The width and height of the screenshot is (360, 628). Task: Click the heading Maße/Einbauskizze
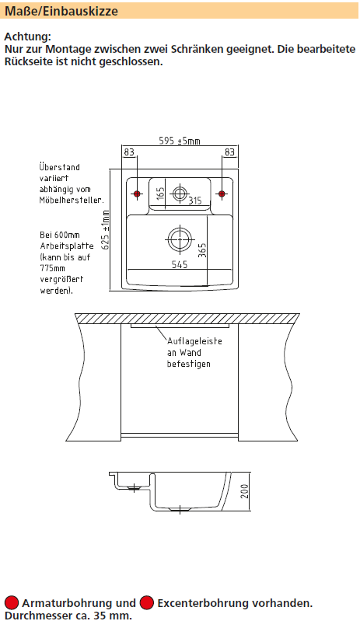61,11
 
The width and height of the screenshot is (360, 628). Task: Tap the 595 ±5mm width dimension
179,141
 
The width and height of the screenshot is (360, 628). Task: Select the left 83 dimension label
129,152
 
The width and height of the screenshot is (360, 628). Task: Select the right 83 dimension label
229,152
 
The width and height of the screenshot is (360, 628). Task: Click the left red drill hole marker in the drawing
137,194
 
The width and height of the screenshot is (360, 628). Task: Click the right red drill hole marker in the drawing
222,194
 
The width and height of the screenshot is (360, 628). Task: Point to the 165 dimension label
160,194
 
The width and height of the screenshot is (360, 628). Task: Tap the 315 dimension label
195,200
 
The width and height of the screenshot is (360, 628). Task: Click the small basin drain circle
180,194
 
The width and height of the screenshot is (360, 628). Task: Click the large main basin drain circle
179,239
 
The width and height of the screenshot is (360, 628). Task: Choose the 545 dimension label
179,264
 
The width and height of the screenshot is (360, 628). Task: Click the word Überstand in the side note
59,167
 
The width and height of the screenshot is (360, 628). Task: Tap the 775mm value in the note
52,268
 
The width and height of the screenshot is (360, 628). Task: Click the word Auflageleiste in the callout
194,341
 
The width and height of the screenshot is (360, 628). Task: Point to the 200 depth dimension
245,491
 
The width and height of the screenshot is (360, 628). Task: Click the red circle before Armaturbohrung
12,602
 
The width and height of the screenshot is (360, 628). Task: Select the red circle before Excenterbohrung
147,602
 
